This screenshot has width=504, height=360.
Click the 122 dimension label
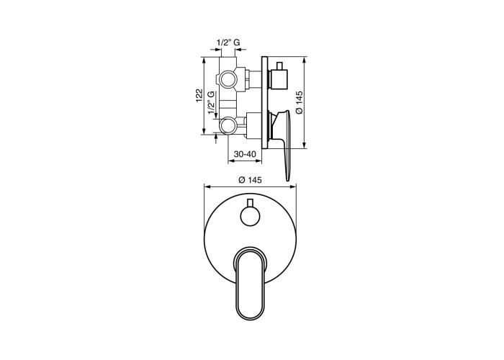[x=199, y=96]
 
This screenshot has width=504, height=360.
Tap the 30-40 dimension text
[x=245, y=154]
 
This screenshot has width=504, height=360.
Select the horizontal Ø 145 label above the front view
[x=250, y=180]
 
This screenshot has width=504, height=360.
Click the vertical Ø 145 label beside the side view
[x=299, y=102]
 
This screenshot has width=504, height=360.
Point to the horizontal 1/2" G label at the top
[x=228, y=42]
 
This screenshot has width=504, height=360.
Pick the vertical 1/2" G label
[x=211, y=103]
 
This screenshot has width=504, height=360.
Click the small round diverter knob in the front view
[x=250, y=217]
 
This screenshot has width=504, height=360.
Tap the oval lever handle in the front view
[x=250, y=282]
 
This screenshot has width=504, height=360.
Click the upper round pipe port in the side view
[x=228, y=79]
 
